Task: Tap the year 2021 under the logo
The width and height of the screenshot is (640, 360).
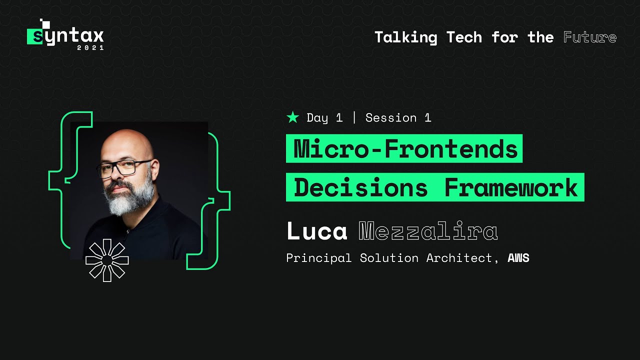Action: [x=90, y=48]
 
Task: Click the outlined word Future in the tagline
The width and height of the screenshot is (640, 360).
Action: [x=590, y=37]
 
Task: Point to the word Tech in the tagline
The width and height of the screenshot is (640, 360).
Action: [x=464, y=37]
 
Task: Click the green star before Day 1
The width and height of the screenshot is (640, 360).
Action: [x=292, y=117]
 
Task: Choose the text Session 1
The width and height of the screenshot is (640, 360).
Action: [x=398, y=118]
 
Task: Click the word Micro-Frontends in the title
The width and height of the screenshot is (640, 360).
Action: [x=405, y=149]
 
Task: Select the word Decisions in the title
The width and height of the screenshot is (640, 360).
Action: [x=360, y=188]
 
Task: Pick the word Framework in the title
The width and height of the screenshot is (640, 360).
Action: [x=511, y=188]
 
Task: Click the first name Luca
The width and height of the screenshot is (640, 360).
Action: [x=317, y=231]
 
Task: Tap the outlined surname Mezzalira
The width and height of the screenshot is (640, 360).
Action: [x=428, y=231]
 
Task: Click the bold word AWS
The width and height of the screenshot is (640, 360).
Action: [x=518, y=258]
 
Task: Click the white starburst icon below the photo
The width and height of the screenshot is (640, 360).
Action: [x=107, y=260]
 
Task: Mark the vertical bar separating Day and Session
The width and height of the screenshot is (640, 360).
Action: [x=354, y=118]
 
